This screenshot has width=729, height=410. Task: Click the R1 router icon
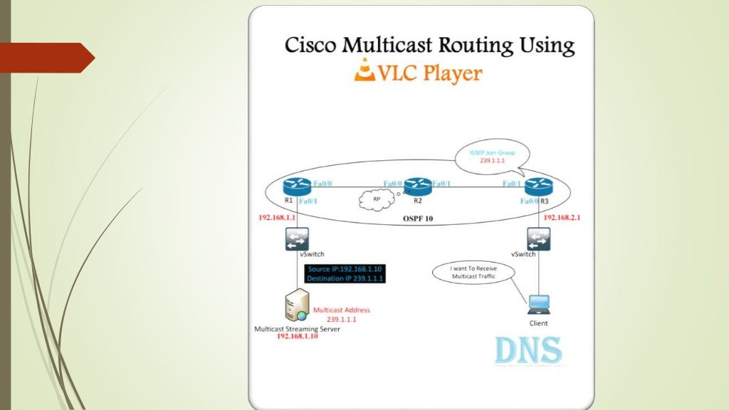coord(297,186)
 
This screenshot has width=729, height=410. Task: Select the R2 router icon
coord(418,186)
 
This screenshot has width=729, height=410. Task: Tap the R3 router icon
coord(538,186)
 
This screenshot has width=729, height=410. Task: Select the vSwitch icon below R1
coord(297,239)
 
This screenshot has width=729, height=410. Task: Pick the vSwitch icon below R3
coord(538,238)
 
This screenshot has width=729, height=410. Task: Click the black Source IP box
coord(346,274)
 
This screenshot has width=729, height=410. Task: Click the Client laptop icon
coord(538,304)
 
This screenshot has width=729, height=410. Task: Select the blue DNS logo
coord(528,351)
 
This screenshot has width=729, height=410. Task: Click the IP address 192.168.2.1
coord(562,217)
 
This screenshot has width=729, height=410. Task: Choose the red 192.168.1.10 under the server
coord(298,337)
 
